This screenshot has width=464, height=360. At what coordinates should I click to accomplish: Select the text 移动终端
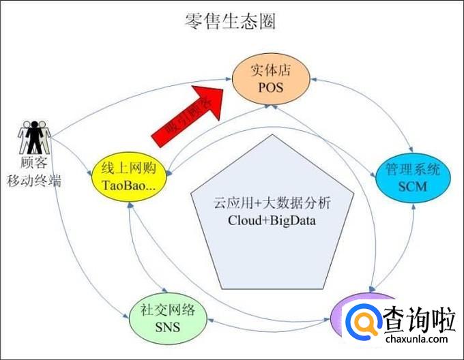[x=34, y=181]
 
